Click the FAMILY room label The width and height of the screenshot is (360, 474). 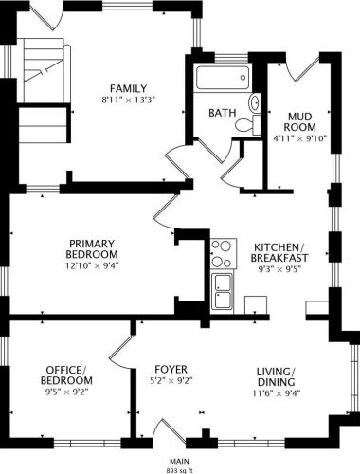128,88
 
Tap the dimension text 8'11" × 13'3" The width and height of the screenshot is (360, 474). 129,100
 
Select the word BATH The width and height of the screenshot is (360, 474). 223,113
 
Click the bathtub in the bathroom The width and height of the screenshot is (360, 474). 223,78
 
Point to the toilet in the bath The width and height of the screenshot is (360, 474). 248,124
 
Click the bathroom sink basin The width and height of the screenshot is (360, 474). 255,103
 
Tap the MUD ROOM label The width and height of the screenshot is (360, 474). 299,122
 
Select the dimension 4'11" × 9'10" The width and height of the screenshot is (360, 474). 299,138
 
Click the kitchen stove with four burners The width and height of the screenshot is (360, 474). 224,254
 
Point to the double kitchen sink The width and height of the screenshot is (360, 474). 223,291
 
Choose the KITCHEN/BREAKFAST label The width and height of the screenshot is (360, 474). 279,252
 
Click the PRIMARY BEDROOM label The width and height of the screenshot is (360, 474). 92,249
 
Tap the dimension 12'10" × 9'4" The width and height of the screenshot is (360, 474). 92,265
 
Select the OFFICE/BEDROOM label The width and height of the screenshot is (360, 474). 66,374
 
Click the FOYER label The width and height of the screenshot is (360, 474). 171,369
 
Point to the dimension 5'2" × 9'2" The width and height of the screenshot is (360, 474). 171,381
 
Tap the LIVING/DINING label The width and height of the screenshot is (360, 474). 277,376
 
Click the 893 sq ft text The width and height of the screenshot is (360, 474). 180,470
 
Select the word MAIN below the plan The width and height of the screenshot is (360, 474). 180,461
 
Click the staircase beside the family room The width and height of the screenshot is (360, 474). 43,91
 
